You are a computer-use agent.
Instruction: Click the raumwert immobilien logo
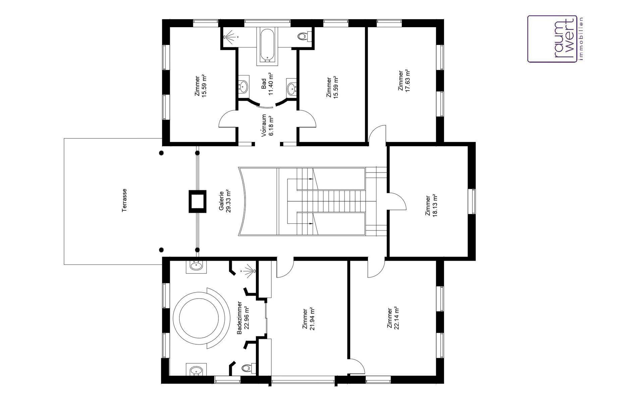pyautogui.click(x=556, y=39)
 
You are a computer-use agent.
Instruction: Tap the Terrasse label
pyautogui.click(x=124, y=200)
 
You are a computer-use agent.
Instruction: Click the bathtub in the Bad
pyautogui.click(x=267, y=46)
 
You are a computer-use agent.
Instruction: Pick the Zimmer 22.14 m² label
pyautogui.click(x=392, y=318)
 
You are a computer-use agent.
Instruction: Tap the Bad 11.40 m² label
pyautogui.click(x=267, y=84)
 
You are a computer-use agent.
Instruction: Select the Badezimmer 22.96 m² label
pyautogui.click(x=243, y=318)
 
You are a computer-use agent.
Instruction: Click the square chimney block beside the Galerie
pyautogui.click(x=197, y=201)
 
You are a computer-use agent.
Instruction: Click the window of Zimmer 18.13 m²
pyautogui.click(x=473, y=202)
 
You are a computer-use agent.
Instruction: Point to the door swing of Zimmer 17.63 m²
pyautogui.click(x=376, y=134)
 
